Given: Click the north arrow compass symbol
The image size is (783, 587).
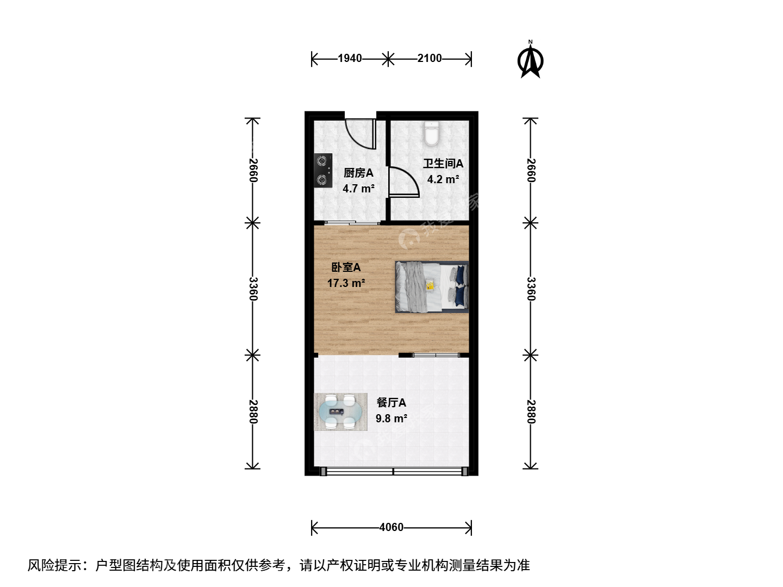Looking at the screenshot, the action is (530, 60).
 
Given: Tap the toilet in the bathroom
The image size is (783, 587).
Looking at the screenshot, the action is (432, 134).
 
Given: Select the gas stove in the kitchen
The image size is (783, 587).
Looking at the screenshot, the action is (323, 170).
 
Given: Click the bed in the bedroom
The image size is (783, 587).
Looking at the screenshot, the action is (432, 287).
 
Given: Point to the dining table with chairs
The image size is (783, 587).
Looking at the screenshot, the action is (341, 411).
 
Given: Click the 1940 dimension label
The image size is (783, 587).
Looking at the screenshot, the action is (350, 58).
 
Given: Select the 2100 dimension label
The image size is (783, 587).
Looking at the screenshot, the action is (430, 58).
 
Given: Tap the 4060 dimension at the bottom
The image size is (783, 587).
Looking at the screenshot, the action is (391, 527).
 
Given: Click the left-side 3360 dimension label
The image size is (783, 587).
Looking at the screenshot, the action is (252, 289).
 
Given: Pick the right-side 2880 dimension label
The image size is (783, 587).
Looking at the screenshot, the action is (531, 411).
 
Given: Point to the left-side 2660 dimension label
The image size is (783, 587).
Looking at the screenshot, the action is (252, 170).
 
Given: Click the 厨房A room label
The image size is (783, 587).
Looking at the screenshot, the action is (358, 173).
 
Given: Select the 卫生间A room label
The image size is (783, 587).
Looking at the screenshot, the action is (443, 164).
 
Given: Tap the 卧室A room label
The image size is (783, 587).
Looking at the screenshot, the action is (346, 267).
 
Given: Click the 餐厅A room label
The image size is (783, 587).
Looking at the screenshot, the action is (391, 403).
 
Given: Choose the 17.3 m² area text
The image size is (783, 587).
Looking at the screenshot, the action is (346, 283).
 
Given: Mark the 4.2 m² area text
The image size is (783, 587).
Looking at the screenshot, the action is (443, 179).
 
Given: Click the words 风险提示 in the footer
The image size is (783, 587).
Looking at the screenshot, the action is (54, 566).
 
